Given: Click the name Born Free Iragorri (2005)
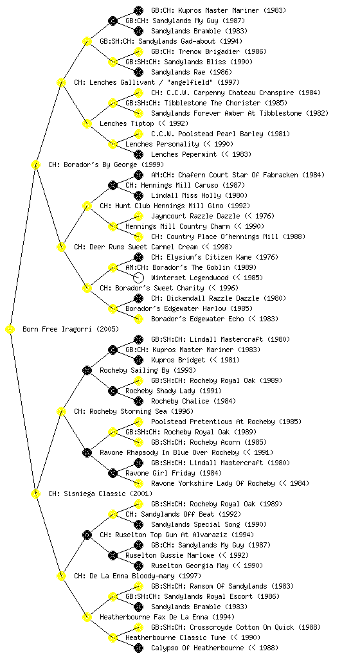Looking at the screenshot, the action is tap(71, 329).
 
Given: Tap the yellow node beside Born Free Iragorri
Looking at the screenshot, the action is tap(10, 329).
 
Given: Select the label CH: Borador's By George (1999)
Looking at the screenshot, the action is tap(106, 164).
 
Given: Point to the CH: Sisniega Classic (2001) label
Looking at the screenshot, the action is tap(100, 493).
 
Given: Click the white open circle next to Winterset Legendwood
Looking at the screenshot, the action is tap(138, 278).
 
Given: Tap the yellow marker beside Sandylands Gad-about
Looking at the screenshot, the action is tap(87, 41).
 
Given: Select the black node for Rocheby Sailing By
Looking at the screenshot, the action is tap(87, 370).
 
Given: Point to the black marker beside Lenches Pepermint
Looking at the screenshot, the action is tap(138, 154).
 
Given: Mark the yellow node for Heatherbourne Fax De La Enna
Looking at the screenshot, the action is tap(87, 617).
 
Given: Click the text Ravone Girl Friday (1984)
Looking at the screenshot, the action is tap(174, 473).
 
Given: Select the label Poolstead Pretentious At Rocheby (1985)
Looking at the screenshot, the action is tap(226, 422).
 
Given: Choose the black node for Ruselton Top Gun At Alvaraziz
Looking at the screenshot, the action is tap(87, 535).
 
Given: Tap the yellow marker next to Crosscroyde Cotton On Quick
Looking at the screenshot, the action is tap(138, 627).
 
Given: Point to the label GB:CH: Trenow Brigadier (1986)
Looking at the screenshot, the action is tap(209, 51).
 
